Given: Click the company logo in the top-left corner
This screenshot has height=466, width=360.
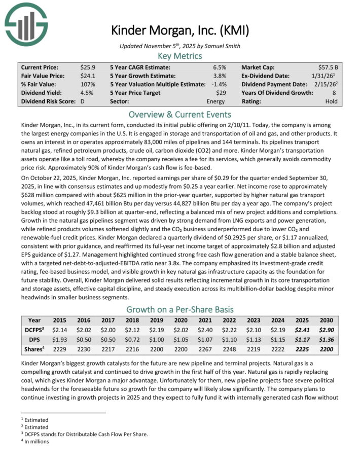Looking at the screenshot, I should pos(26,22).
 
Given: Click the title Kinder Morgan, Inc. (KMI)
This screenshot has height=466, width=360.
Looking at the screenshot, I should pos(180,30).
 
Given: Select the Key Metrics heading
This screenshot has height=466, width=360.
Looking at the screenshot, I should pos(180,56).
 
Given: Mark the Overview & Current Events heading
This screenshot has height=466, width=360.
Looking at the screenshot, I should pos(180,114).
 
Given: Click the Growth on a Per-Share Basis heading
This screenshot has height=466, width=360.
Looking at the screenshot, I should pos(180,309).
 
